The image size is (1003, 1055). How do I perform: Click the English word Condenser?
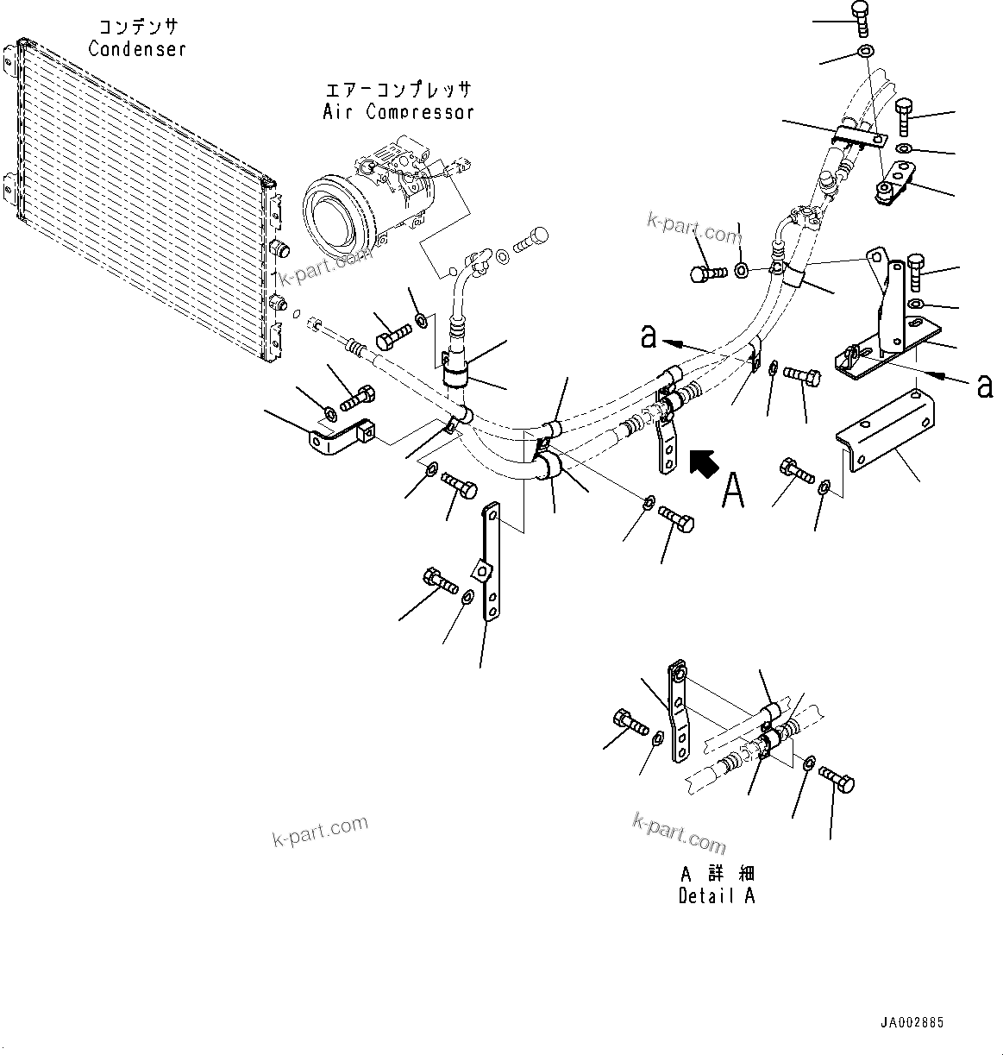tap(137, 48)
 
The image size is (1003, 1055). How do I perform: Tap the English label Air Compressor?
tap(398, 111)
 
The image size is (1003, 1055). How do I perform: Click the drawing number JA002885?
tap(912, 1023)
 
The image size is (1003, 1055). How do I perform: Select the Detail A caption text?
tap(716, 895)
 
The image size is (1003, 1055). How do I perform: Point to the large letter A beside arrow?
tap(732, 489)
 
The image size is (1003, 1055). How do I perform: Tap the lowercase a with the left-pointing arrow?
tap(649, 336)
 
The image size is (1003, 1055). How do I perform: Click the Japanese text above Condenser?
tap(137, 28)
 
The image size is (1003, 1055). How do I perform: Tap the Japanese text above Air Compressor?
tap(398, 90)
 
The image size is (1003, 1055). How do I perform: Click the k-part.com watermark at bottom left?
tap(319, 831)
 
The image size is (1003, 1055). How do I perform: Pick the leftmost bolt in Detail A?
tap(629, 721)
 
